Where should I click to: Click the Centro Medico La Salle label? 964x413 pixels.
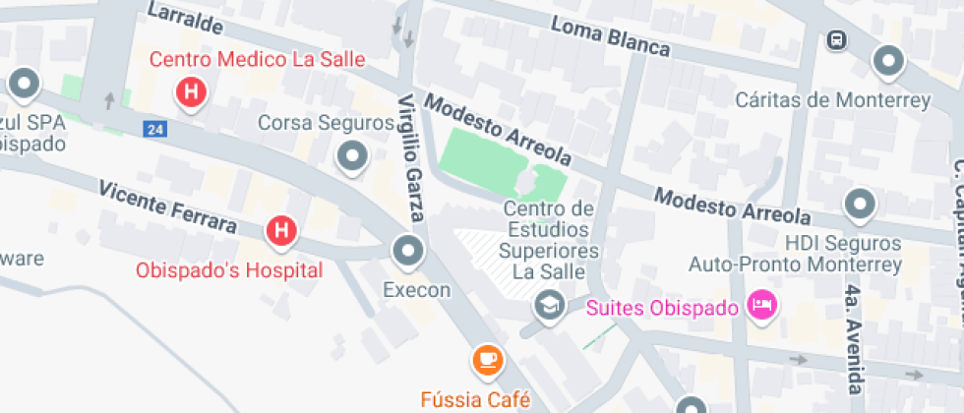tap(257, 59)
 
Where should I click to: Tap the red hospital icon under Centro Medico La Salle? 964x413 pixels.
tap(191, 92)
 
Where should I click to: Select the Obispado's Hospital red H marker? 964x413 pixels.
tap(281, 231)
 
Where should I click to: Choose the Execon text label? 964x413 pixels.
tap(416, 290)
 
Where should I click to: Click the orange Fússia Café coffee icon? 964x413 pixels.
tap(487, 360)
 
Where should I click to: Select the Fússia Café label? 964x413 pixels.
tap(475, 399)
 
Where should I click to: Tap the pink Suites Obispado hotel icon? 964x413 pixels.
tap(761, 306)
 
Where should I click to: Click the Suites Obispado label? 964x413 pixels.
tap(662, 308)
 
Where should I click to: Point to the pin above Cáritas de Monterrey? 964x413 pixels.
tap(889, 61)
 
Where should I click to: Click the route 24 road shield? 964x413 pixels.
tap(153, 129)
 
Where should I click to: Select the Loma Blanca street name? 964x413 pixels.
tap(610, 37)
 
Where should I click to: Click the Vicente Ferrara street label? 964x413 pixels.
tap(167, 206)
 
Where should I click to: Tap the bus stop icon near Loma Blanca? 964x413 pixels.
tap(836, 40)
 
